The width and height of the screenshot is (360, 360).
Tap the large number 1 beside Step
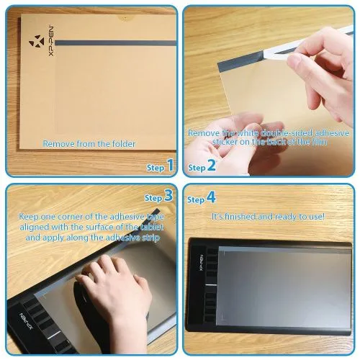coord(170,167)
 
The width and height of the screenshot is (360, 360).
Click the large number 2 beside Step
coord(212,167)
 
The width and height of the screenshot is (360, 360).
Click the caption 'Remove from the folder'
coord(89,143)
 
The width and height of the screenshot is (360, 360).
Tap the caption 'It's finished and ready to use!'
coord(268,216)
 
